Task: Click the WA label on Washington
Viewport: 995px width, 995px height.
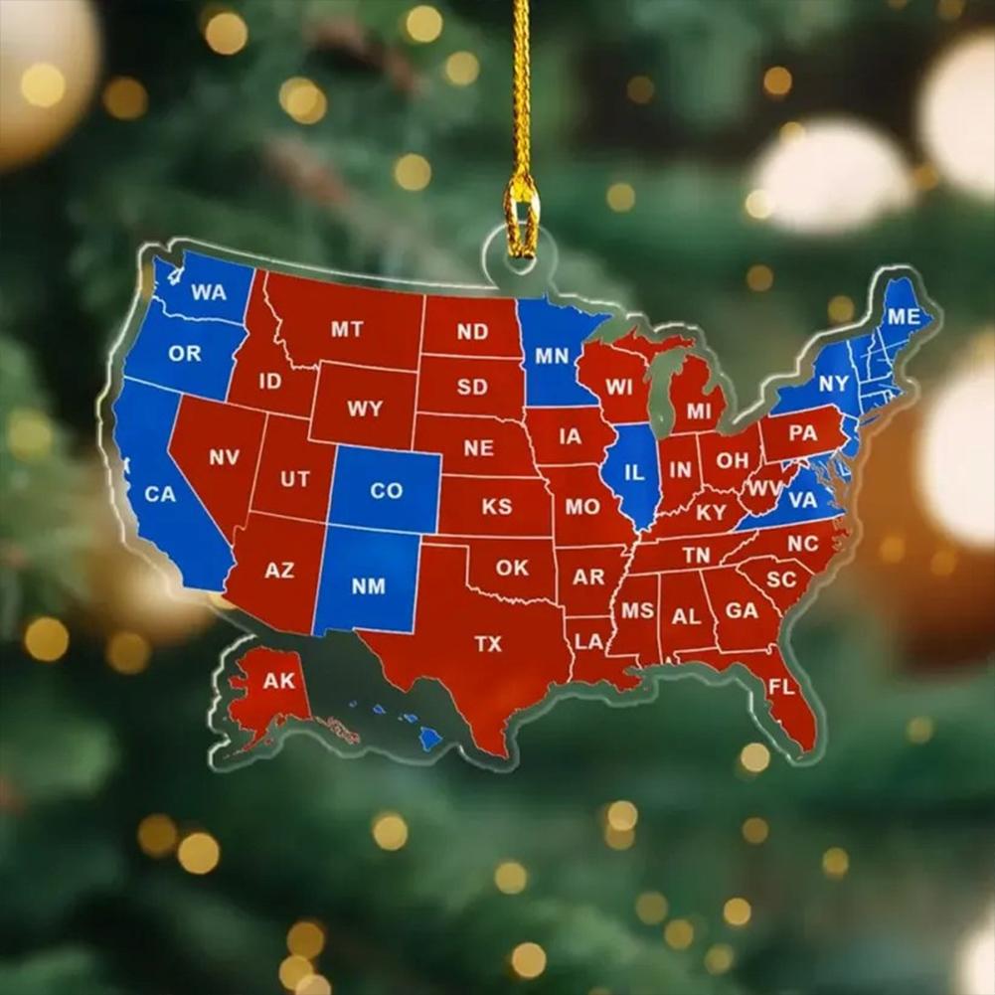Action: (x=209, y=292)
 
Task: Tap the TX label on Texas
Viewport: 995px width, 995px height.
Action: (x=488, y=644)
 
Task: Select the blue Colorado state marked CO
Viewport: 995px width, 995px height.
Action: (x=386, y=490)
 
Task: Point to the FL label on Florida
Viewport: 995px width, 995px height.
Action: (x=781, y=687)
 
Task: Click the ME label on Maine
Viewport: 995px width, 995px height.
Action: (x=904, y=317)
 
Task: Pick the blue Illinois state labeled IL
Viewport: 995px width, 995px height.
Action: (x=633, y=473)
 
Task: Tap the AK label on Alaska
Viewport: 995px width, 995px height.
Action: (x=279, y=682)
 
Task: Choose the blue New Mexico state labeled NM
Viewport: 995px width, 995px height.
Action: (x=368, y=586)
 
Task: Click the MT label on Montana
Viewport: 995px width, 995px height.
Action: (x=347, y=329)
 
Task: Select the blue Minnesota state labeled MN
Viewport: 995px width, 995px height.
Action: (x=552, y=355)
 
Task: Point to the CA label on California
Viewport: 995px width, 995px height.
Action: (x=159, y=493)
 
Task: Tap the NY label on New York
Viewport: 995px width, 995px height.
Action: (x=834, y=384)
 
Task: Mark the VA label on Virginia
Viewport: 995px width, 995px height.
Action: (x=802, y=500)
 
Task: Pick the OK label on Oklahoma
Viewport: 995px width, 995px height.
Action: (x=513, y=568)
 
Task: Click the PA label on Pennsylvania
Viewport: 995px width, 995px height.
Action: (x=802, y=433)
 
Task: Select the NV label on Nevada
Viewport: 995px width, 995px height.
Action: (x=224, y=458)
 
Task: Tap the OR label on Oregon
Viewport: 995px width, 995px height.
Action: (x=185, y=353)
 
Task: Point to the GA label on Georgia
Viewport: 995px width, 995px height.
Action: (x=742, y=610)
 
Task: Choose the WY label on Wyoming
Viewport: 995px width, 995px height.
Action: (x=365, y=409)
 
